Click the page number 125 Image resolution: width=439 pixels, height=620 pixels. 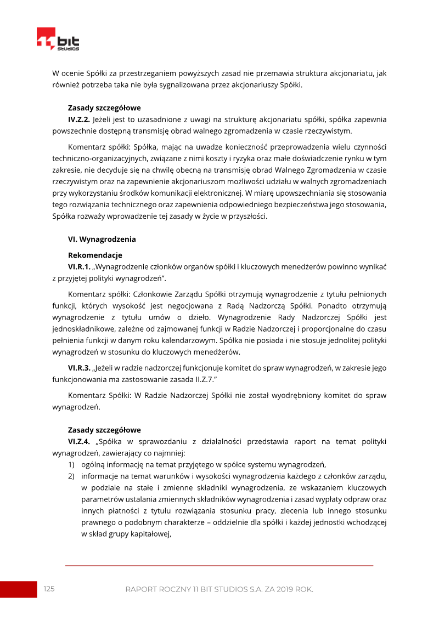(49, 589)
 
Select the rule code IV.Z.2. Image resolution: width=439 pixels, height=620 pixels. (79, 119)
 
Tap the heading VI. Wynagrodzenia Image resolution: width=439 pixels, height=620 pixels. (102, 240)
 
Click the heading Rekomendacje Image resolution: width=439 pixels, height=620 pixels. (94, 255)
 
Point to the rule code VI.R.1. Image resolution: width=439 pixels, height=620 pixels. (79, 267)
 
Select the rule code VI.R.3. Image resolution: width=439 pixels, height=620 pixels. (79, 368)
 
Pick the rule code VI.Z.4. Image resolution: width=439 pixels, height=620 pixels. (79, 441)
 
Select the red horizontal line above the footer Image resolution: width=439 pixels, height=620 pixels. (219, 565)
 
